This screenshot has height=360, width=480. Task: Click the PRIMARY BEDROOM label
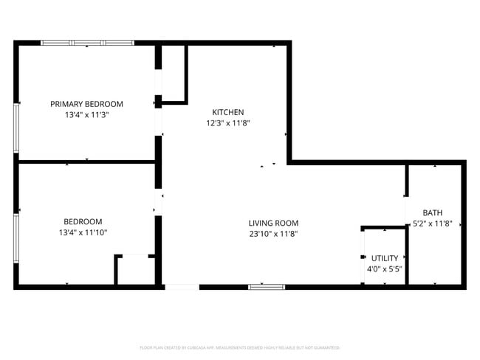tap(86, 104)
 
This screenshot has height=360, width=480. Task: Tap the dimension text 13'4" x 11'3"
tap(86, 115)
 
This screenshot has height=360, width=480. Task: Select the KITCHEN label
tap(228, 112)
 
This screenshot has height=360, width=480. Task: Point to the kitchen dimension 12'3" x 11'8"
tap(228, 123)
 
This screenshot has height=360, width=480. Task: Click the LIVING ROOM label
tap(273, 223)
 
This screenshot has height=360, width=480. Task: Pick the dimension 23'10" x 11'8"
tap(273, 234)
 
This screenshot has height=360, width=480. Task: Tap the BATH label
tap(433, 212)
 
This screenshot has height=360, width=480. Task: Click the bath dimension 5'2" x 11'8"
tap(437, 223)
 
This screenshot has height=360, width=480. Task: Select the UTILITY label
tap(385, 258)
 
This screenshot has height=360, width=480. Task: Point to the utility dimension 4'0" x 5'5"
tap(384, 269)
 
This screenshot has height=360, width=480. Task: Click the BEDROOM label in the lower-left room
tap(83, 221)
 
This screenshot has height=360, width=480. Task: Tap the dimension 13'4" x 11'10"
tap(83, 233)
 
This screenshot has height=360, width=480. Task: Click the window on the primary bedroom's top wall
tap(87, 43)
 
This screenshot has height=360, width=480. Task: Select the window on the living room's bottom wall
tap(266, 286)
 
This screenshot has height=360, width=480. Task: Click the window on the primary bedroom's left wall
tap(16, 128)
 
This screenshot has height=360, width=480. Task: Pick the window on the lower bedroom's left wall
tap(16, 238)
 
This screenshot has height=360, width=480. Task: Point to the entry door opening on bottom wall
tap(181, 286)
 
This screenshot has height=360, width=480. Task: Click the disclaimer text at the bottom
tap(239, 347)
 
